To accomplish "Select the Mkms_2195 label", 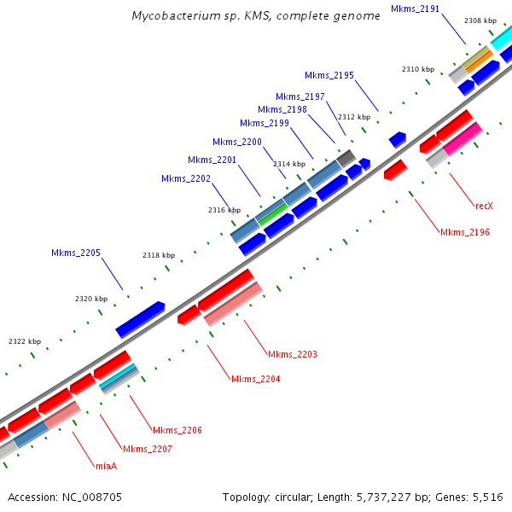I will click(x=329, y=76).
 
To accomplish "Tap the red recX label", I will click(x=485, y=206).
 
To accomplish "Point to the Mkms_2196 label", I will click(x=464, y=232).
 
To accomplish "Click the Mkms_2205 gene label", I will click(x=76, y=253).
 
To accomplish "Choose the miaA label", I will click(x=106, y=466).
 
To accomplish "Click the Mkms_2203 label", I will click(x=293, y=354).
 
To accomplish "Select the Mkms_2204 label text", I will click(x=256, y=379).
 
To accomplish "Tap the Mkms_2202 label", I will click(x=186, y=178).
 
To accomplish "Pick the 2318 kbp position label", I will click(x=158, y=256).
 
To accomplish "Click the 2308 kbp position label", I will click(x=480, y=20).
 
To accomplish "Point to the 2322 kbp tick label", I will click(x=25, y=341).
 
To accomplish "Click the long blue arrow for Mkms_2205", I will click(x=140, y=319).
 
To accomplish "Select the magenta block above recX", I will click(x=463, y=138).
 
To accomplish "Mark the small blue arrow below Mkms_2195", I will click(x=397, y=139).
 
